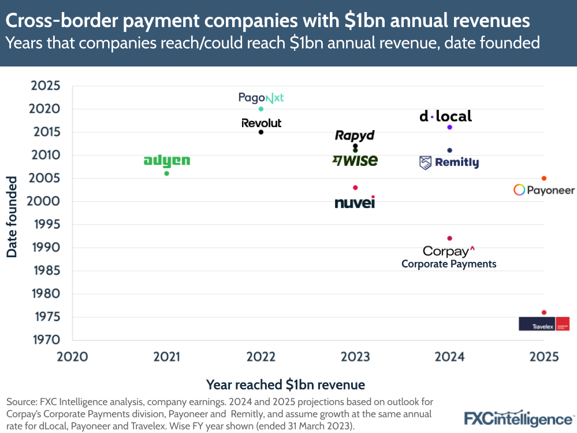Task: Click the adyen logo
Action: [166, 161]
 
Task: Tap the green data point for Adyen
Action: [167, 173]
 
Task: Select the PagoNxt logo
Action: [261, 98]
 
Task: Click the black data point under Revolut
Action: [261, 132]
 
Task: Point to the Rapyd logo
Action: [355, 135]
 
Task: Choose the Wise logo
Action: [355, 161]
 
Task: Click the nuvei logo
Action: [355, 203]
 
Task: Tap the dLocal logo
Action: [445, 116]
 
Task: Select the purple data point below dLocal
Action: [449, 127]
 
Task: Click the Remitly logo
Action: [449, 162]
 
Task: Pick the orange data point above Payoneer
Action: [544, 178]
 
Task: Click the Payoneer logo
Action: [544, 190]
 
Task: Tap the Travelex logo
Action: [544, 324]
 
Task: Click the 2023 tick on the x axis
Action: [355, 357]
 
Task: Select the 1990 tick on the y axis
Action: [45, 247]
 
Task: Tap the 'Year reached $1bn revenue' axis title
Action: [285, 384]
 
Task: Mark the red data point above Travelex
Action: [544, 312]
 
